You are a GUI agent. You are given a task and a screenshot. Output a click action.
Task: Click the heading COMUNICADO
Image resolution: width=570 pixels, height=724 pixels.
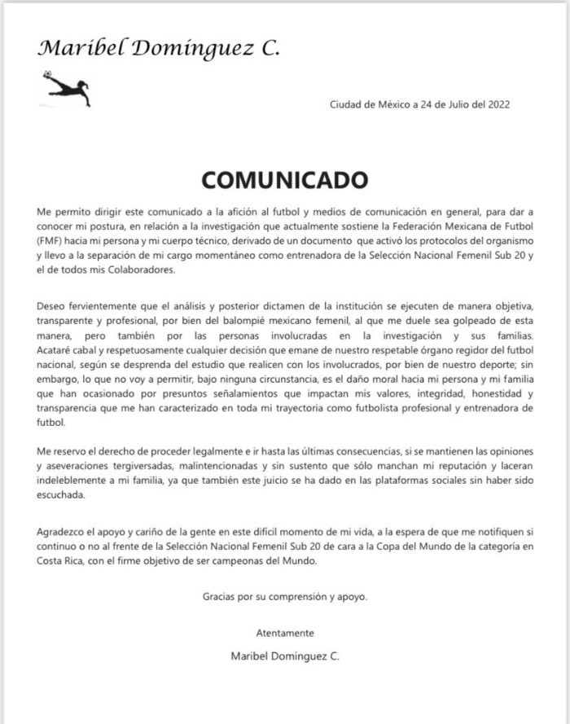tap(284, 179)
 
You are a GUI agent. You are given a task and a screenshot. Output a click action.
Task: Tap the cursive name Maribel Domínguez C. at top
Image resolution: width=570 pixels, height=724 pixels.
tap(159, 48)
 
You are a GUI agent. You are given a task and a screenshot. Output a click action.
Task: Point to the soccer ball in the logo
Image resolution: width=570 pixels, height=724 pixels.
tap(47, 76)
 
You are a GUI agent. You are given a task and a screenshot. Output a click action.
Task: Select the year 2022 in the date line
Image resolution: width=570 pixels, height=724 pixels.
tap(498, 104)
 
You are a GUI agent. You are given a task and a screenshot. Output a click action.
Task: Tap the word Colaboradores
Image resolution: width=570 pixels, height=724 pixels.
tap(138, 271)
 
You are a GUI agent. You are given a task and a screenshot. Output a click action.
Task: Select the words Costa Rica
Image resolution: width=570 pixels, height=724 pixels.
tap(64, 560)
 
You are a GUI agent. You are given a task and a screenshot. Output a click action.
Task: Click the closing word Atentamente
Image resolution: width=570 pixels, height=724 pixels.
tap(284, 633)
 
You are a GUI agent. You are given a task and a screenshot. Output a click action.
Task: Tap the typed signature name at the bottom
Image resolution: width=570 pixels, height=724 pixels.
tap(285, 656)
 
